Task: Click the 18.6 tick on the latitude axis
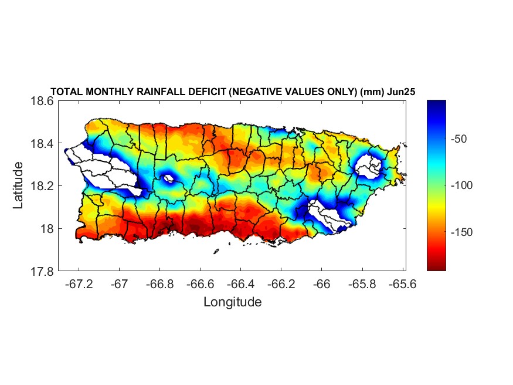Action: coord(43,101)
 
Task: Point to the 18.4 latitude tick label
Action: coord(43,144)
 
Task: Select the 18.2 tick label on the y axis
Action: coord(43,186)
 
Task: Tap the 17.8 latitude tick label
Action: coord(43,272)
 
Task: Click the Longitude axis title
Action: coord(232,302)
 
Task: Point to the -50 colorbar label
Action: coord(460,139)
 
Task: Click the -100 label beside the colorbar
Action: coord(463,185)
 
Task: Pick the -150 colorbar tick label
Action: coord(463,232)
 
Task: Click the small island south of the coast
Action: coord(216,251)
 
